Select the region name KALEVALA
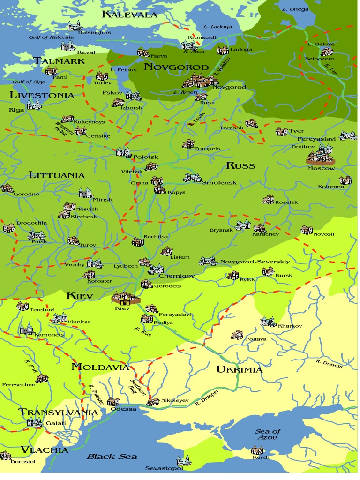click(x=129, y=15)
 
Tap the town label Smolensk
click(x=219, y=182)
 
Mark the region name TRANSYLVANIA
click(x=59, y=412)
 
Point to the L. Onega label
click(x=295, y=9)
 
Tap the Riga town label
click(x=16, y=110)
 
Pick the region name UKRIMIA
click(x=239, y=370)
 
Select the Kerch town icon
click(x=257, y=450)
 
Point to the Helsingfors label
click(x=93, y=33)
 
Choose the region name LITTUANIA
click(x=57, y=175)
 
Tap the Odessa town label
click(x=123, y=409)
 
